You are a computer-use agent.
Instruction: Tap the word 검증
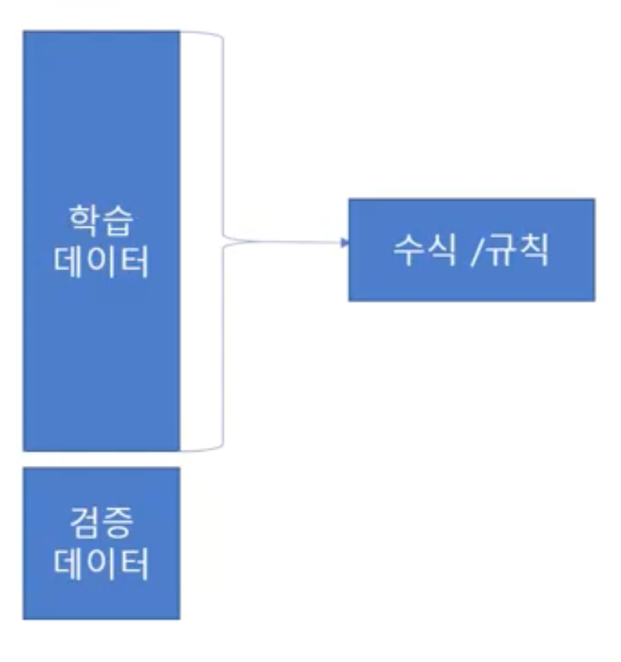click(x=101, y=524)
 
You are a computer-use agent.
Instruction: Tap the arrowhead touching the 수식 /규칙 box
click(x=344, y=243)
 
